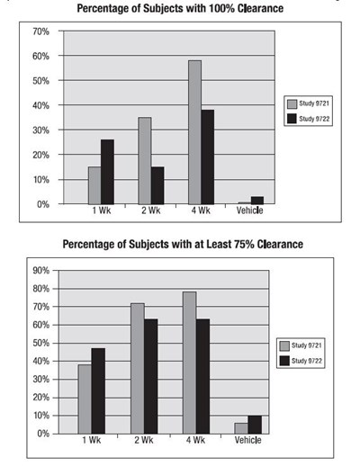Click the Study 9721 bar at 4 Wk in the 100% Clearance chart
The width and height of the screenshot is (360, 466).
pyautogui.click(x=195, y=132)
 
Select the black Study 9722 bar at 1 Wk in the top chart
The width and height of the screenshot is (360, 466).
pyautogui.click(x=107, y=172)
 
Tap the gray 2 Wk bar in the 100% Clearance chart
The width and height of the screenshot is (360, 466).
pyautogui.click(x=145, y=161)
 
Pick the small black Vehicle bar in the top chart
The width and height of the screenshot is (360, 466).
pyautogui.click(x=257, y=201)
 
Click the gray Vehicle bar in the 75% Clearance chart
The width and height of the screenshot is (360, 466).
pyautogui.click(x=241, y=428)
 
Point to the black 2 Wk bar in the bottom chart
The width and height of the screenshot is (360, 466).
pyautogui.click(x=150, y=376)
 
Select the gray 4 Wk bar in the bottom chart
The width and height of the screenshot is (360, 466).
pyautogui.click(x=190, y=363)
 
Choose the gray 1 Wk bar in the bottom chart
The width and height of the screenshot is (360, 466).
pyautogui.click(x=85, y=399)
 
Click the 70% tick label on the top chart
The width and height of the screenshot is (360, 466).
pyautogui.click(x=41, y=31)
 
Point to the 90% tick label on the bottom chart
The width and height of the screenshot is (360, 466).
pyautogui.click(x=41, y=271)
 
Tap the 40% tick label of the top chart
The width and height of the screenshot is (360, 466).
pyautogui.click(x=41, y=105)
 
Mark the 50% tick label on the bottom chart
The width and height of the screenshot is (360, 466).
pyautogui.click(x=41, y=343)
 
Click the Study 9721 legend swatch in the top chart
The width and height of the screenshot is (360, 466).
pyautogui.click(x=292, y=103)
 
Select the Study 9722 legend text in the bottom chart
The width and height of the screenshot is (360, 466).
pyautogui.click(x=307, y=361)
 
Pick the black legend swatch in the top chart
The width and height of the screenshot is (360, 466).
pyautogui.click(x=292, y=119)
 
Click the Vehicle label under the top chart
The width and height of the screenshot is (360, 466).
pyautogui.click(x=249, y=211)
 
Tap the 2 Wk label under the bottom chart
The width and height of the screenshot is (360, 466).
pyautogui.click(x=144, y=440)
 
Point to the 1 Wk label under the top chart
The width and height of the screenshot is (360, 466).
pyautogui.click(x=102, y=211)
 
